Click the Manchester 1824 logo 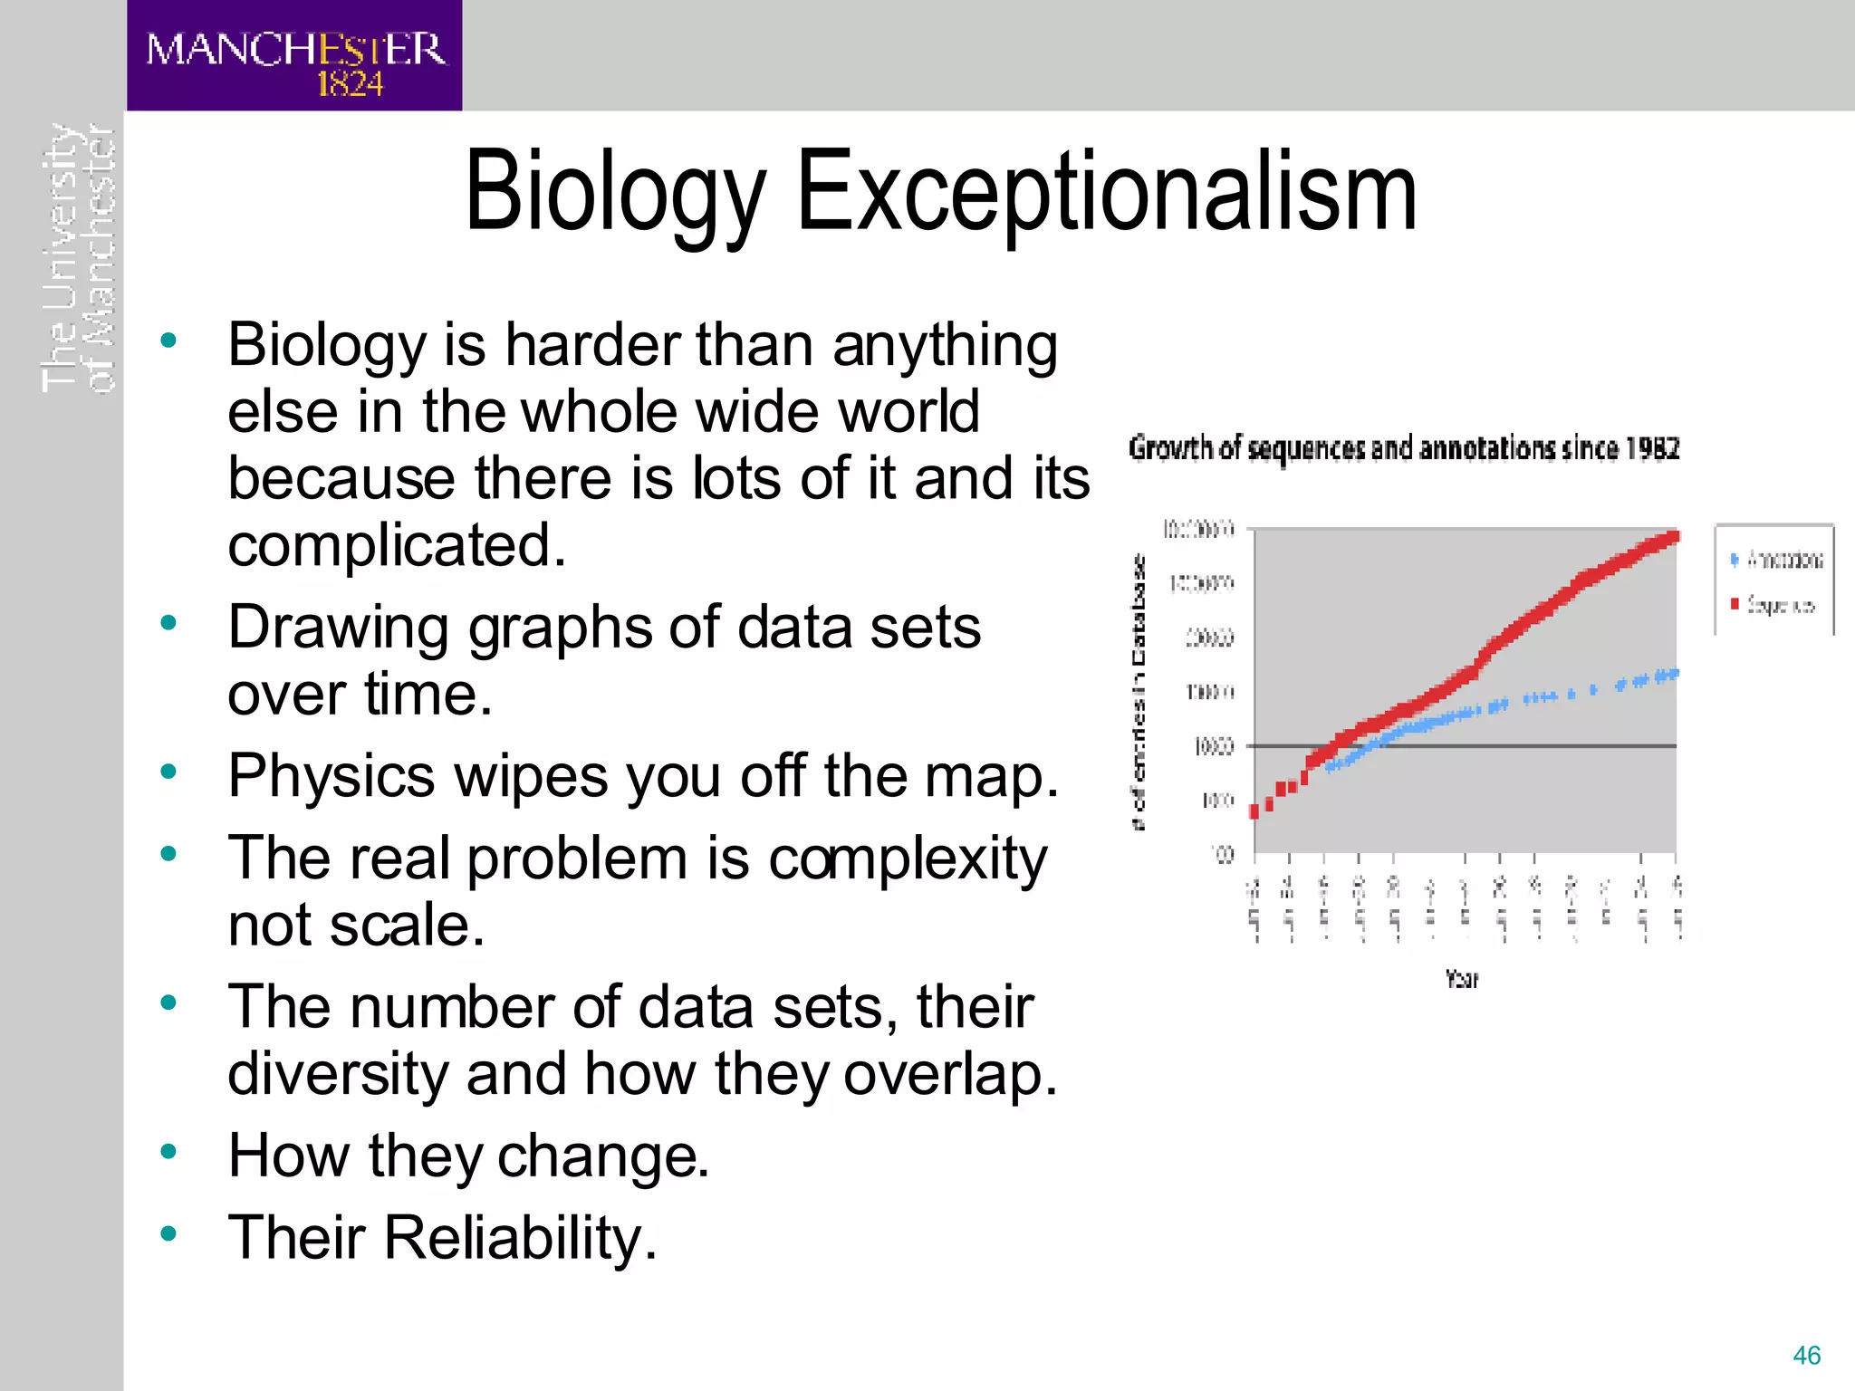(294, 56)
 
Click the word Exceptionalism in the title (1106, 192)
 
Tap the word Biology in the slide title (616, 192)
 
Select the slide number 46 (1806, 1356)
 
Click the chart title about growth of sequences (1404, 448)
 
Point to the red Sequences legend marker (1735, 603)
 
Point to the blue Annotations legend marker (1735, 560)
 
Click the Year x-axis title (1461, 979)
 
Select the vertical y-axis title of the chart (1139, 692)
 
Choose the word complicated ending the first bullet (396, 545)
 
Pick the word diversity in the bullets (338, 1074)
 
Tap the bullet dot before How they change (168, 1152)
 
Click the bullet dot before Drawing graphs (168, 623)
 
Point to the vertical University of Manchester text (80, 258)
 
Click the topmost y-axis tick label (1198, 530)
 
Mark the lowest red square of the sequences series (1254, 811)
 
